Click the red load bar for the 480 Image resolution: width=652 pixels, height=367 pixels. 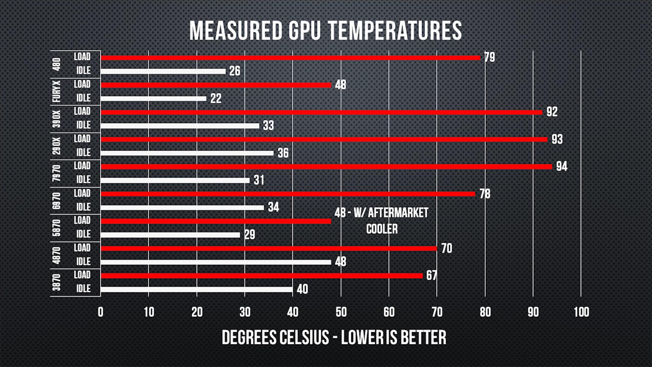pos(290,58)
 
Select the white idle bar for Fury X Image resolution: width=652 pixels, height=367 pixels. pos(153,98)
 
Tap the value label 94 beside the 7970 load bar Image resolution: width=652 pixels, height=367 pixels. pos(562,166)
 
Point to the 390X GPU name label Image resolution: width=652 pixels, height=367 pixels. pos(57,119)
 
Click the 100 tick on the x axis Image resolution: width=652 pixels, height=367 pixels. pos(581,312)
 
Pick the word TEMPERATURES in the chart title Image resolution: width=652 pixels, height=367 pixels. pos(395,31)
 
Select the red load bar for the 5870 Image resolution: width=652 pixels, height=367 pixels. pos(216,221)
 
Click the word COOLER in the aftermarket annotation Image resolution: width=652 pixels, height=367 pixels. pos(382,229)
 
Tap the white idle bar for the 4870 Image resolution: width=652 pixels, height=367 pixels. pos(216,262)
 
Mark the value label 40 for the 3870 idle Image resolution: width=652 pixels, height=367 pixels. pos(302,289)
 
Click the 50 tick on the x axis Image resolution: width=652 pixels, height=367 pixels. pos(341,312)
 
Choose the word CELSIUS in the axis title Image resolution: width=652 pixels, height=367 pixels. pos(304,338)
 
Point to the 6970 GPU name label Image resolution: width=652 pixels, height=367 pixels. pos(57,201)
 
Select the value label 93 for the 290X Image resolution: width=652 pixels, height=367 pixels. pos(557,139)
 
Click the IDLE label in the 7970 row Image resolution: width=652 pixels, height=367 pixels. pos(83,180)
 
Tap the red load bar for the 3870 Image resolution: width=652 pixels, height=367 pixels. pos(262,276)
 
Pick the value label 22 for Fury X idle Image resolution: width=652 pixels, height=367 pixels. pos(215,99)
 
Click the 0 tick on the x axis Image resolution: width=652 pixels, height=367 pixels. pos(101,312)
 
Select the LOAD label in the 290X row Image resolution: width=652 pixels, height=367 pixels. pos(82,139)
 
